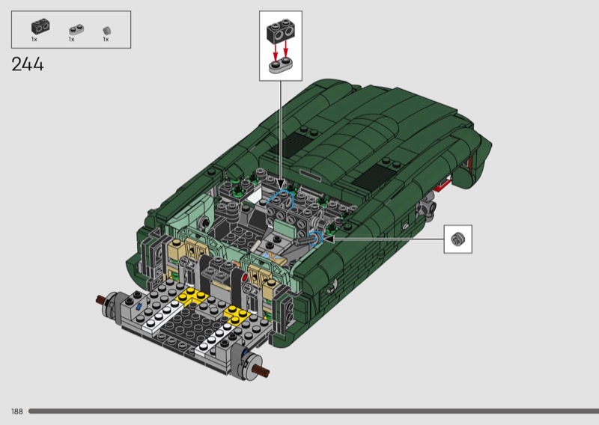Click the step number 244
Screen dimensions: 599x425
coord(28,64)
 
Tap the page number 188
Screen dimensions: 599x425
coord(17,412)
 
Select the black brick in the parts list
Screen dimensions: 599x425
coord(40,26)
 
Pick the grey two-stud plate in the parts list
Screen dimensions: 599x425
coord(76,30)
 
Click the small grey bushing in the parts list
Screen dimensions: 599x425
coord(106,31)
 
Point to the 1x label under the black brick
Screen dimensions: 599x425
coord(34,40)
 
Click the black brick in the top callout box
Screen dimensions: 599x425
coord(281,31)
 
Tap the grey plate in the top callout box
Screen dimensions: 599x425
coord(281,66)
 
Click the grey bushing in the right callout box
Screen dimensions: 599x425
coord(457,239)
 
